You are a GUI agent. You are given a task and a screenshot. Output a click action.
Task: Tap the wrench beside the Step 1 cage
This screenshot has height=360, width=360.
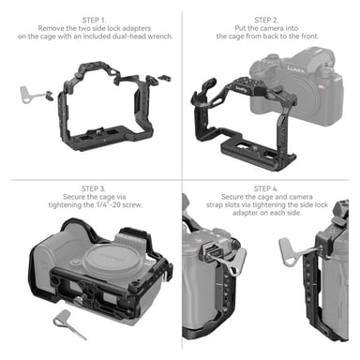click(29, 93)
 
